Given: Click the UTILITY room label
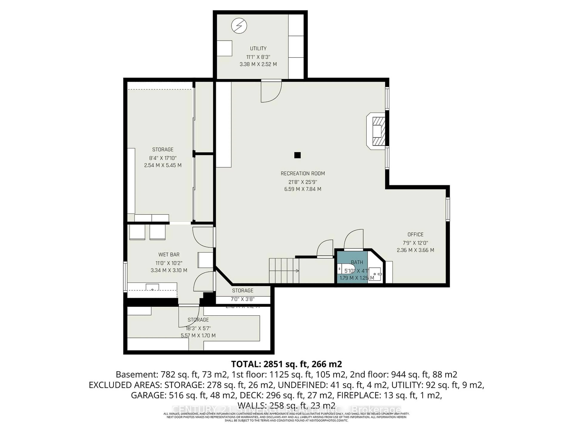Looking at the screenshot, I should pos(258,49).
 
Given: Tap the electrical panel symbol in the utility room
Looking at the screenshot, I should pos(239,26).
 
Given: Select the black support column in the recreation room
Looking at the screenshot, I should pos(297,155).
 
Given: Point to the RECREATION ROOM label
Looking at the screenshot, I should pos(303,173).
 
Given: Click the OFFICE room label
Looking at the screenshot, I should pos(415,235).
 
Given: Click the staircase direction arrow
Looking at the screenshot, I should pos(297,271).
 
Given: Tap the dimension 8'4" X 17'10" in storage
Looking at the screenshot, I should pos(163,158).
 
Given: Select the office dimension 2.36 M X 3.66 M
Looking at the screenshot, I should pos(415,250).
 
